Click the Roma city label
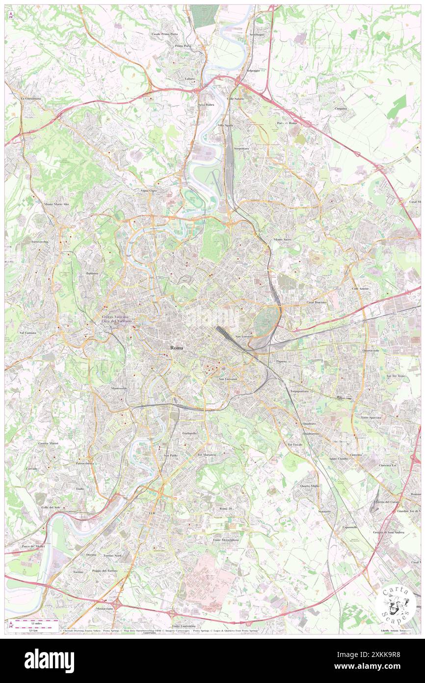(x=177, y=348)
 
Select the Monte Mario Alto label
(x=56, y=204)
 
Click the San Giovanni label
(x=228, y=379)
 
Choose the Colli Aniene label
(x=360, y=288)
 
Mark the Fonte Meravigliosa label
(x=226, y=540)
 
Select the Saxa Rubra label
(x=206, y=105)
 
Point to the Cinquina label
(x=341, y=109)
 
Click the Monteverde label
(x=119, y=388)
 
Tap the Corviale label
(x=31, y=469)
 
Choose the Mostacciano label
(x=104, y=608)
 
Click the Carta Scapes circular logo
(x=396, y=604)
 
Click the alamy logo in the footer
(x=49, y=660)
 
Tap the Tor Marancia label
(x=207, y=455)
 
